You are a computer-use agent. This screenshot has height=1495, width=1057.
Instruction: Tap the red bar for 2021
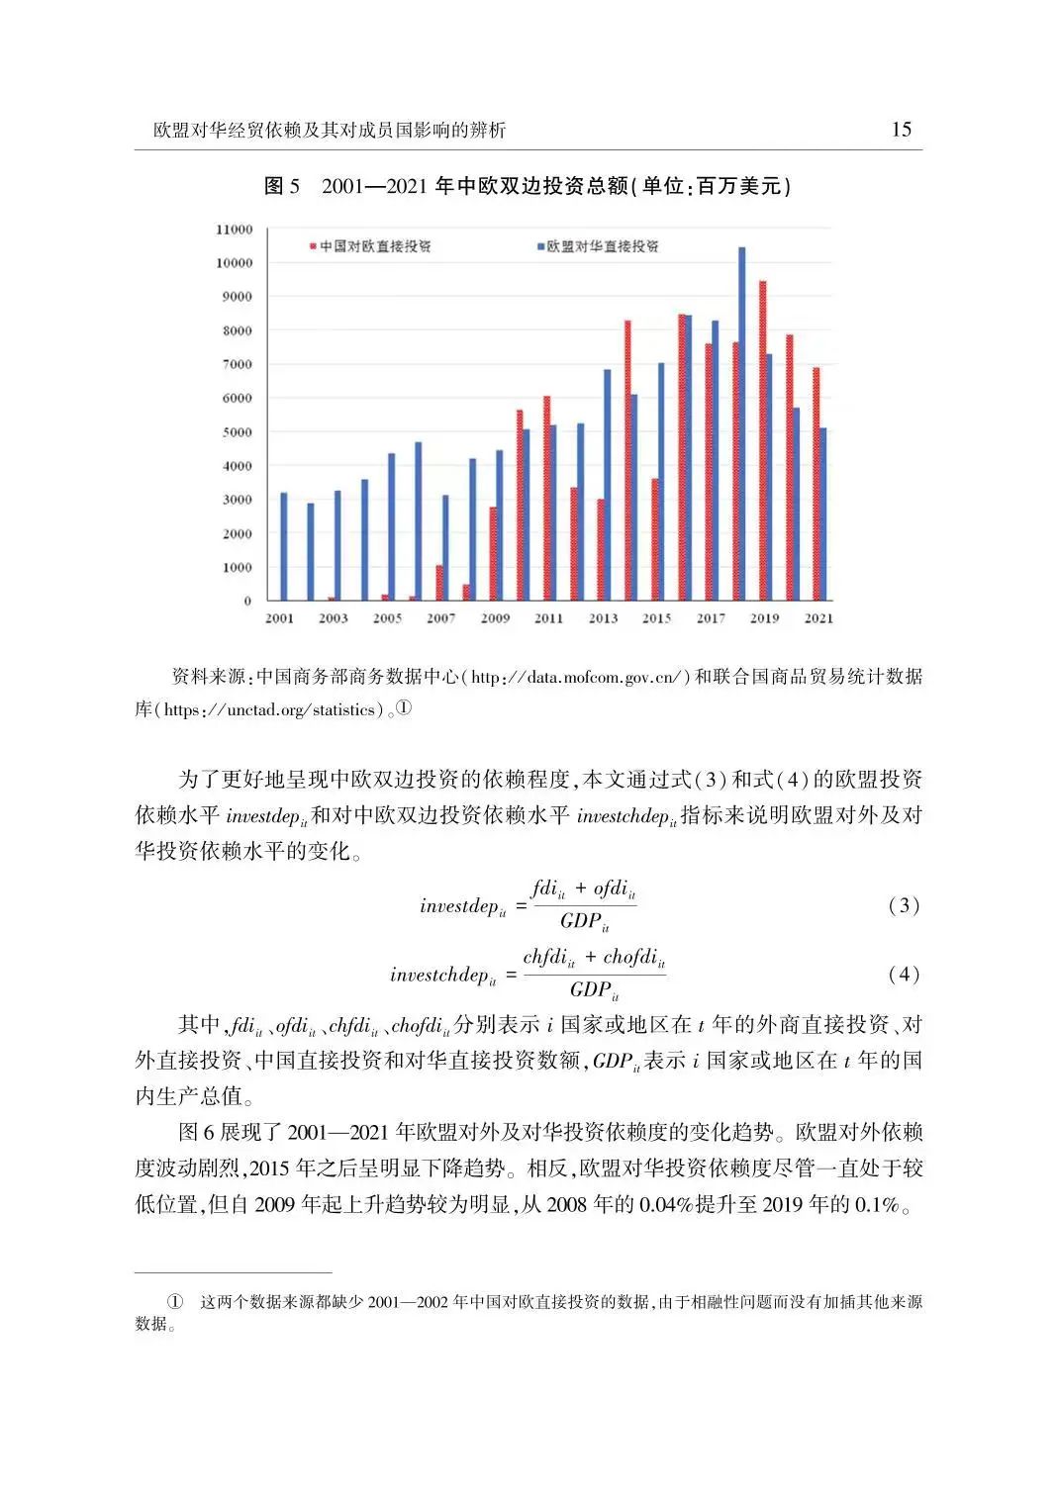coord(816,484)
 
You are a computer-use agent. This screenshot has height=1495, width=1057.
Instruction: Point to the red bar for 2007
coord(439,583)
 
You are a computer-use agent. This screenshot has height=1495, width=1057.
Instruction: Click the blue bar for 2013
coord(607,485)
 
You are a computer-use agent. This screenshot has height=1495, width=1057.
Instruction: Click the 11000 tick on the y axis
coord(234,230)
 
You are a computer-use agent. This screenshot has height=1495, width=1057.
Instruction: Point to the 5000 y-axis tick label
coord(236,432)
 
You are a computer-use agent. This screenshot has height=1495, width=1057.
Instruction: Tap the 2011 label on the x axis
coord(548,618)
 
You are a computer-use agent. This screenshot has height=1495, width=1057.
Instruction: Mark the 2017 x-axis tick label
coord(711,618)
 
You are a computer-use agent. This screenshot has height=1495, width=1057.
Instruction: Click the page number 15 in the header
coord(901,129)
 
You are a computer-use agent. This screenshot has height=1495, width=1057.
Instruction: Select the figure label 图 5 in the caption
coord(282,186)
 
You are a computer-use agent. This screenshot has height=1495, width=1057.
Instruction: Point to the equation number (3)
coord(904,905)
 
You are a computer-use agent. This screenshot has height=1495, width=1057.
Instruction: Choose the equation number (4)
coord(904,974)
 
